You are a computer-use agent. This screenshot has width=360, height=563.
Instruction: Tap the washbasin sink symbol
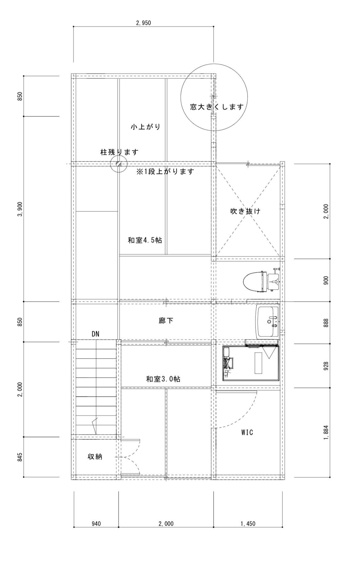pos(267,321)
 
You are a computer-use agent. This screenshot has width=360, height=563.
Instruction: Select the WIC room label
pos(247,432)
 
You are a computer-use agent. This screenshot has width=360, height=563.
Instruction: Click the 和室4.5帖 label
pos(145,240)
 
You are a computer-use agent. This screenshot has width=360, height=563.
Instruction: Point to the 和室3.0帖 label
pos(163,379)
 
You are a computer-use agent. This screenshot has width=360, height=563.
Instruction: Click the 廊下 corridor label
pos(166,321)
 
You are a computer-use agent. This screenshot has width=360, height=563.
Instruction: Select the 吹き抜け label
pos(246,211)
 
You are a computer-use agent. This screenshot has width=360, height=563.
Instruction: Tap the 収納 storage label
pos(95,456)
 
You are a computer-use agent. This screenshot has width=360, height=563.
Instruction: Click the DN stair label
pos(95,334)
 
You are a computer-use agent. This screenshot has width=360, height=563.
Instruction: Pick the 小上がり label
pos(146,127)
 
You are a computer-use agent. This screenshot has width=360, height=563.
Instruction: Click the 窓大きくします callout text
pos(217,107)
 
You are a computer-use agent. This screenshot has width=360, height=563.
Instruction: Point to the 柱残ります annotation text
pos(119,152)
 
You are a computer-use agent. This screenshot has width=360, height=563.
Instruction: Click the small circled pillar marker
pos(119,164)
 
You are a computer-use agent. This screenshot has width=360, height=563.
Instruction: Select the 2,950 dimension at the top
pos(143,23)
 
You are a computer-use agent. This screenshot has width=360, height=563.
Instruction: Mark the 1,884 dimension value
pos(326,433)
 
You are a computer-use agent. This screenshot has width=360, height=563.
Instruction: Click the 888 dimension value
pos(326,323)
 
